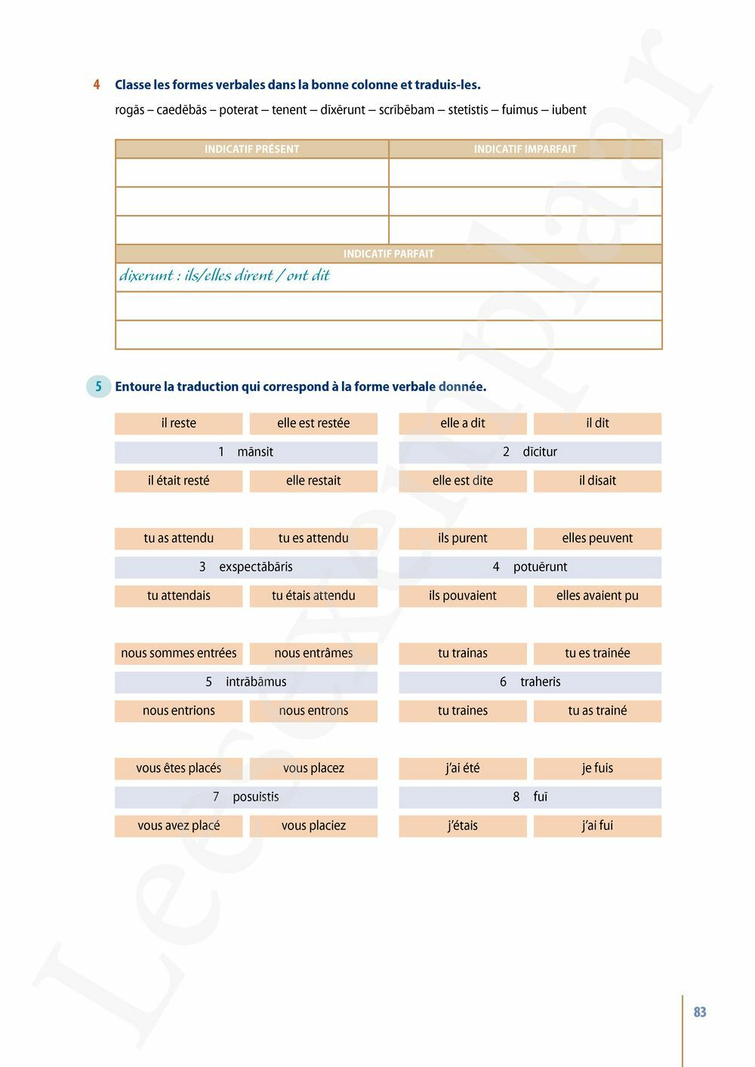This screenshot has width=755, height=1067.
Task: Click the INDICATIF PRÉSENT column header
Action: (x=251, y=149)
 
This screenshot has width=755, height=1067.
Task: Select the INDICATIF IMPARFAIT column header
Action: (x=525, y=149)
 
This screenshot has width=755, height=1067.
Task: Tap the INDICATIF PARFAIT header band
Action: (x=388, y=254)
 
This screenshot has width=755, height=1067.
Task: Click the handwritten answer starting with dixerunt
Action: (x=224, y=275)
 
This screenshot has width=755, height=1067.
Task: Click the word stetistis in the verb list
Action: (x=468, y=110)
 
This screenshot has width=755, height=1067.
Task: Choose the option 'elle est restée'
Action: (x=313, y=423)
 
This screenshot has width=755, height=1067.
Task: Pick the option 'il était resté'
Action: (x=179, y=481)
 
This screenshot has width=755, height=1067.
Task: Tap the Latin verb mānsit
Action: (x=255, y=452)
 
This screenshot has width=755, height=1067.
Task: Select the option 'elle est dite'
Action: (x=462, y=481)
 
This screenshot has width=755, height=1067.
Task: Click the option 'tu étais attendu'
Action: (x=313, y=596)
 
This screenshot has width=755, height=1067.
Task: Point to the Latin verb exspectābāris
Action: (x=256, y=567)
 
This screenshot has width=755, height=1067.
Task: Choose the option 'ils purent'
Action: (x=462, y=538)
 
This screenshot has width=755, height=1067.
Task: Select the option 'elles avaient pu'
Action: (x=597, y=596)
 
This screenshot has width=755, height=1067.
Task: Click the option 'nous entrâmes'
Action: (x=313, y=653)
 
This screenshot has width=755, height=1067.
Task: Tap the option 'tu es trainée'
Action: (x=597, y=653)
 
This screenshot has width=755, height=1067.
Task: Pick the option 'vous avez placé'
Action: (x=179, y=826)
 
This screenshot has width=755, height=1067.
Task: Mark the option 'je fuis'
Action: (x=597, y=768)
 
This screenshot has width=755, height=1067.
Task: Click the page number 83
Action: (x=700, y=1013)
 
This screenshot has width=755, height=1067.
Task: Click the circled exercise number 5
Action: (x=98, y=387)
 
